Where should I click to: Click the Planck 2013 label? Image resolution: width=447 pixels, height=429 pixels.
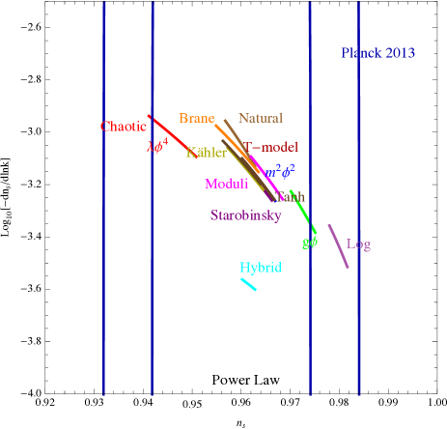377,53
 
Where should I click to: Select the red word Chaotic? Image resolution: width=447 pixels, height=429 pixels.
124,127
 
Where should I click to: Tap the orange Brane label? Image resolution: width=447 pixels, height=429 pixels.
196,119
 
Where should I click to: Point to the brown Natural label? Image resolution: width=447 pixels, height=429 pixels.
260,119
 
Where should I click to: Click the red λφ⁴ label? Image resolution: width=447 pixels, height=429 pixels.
157,147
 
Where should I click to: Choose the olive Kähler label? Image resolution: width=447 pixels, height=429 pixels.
206,153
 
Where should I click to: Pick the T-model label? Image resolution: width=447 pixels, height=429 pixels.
272,148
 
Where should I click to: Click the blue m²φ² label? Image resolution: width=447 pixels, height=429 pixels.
280,172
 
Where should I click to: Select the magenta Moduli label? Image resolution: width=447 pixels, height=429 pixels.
226,184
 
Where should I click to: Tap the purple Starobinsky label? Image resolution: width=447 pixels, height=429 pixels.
245,215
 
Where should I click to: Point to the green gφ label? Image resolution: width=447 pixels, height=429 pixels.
309,243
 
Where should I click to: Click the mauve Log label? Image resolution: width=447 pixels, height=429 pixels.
358,244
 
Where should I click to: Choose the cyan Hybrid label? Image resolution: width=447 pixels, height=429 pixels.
261,268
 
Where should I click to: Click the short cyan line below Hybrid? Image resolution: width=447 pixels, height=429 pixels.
248,284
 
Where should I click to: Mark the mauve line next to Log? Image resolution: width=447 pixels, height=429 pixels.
338,245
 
